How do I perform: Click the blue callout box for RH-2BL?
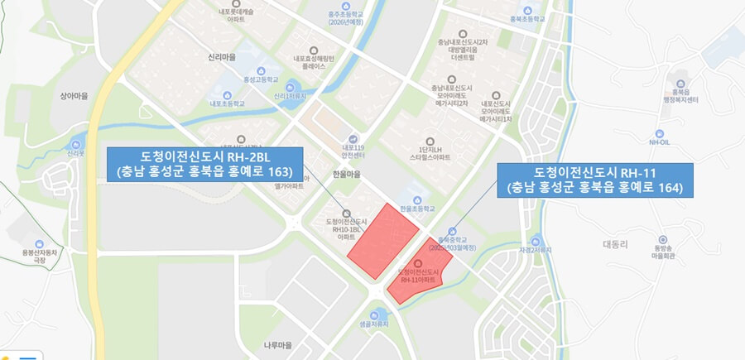pyautogui.click(x=205, y=163)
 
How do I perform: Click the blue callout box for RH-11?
pyautogui.click(x=595, y=180)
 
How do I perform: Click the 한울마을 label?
pyautogui.click(x=346, y=175)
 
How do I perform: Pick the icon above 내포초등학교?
pyautogui.click(x=227, y=91)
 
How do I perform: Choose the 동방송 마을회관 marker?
pyautogui.click(x=663, y=238)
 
